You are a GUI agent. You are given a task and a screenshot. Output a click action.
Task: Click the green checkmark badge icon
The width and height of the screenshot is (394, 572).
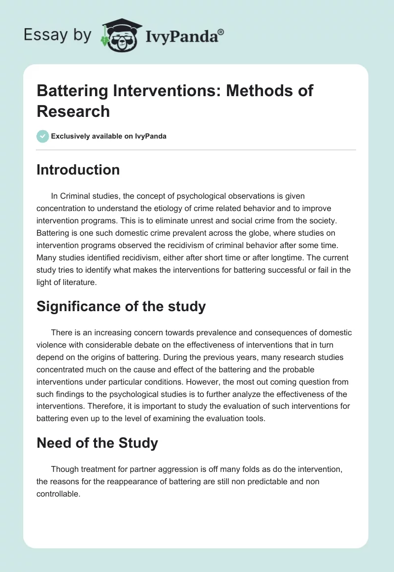point(43,136)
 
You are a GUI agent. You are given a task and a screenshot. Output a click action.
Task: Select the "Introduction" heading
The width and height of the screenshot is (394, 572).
point(78,170)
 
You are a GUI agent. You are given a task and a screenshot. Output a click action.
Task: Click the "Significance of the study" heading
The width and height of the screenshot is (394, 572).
point(121,306)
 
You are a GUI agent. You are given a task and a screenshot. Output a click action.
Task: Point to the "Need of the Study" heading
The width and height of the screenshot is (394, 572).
point(97,443)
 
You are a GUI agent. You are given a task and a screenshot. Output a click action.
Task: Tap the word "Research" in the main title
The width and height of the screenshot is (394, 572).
point(73,111)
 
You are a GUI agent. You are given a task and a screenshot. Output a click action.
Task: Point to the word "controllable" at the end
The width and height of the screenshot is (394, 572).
point(58,494)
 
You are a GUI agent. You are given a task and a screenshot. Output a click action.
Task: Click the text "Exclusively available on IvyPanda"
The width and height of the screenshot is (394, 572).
point(109,136)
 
